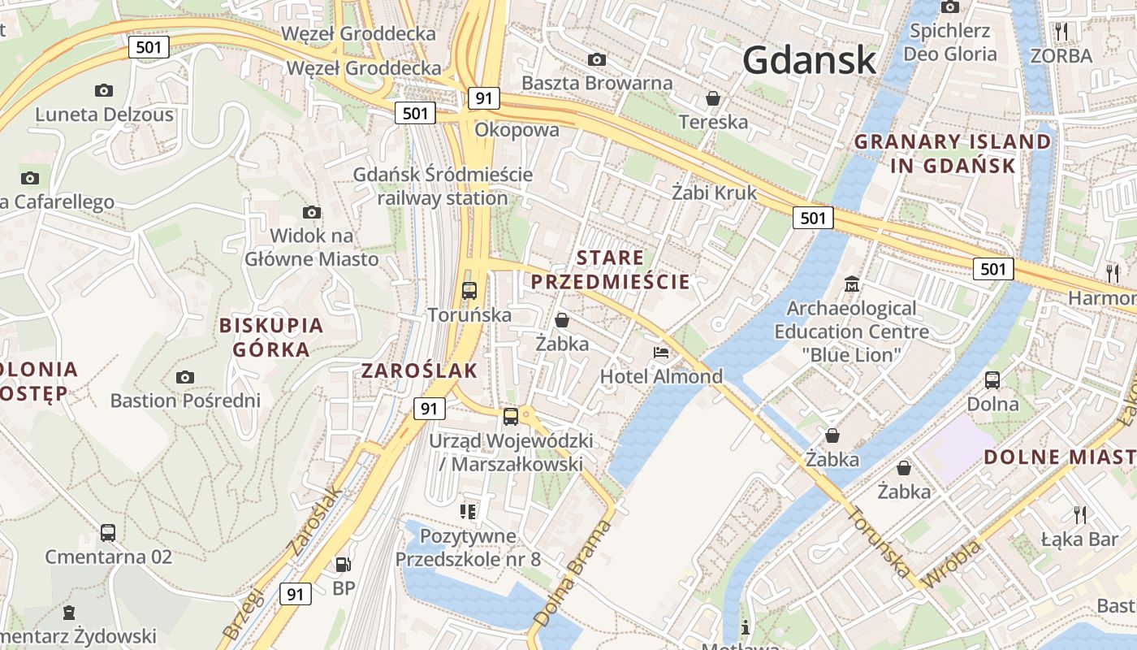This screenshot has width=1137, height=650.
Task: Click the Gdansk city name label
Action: point(809,59)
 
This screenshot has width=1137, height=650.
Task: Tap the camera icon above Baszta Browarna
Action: point(597,59)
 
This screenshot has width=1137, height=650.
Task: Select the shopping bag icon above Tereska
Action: point(713,98)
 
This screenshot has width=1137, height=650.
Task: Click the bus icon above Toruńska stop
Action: point(469,290)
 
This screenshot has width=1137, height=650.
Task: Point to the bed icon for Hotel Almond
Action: point(661,353)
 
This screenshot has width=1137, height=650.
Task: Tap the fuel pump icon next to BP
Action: point(344,564)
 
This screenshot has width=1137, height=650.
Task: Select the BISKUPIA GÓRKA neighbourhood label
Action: point(272,337)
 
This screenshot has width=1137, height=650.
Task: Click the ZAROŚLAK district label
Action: point(419,370)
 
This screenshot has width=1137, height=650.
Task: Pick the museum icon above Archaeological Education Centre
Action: point(851,284)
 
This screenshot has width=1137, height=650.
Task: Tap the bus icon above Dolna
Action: point(992,379)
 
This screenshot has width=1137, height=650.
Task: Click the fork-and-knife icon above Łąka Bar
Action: point(1079,513)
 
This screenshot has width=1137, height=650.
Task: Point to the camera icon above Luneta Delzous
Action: point(103,90)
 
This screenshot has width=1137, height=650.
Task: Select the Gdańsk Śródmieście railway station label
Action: point(443,186)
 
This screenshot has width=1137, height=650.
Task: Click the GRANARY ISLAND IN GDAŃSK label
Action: point(953,154)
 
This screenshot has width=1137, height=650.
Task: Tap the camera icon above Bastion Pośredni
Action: point(185,377)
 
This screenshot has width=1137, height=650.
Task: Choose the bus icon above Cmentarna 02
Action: point(108,533)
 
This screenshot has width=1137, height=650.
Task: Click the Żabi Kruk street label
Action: point(714,193)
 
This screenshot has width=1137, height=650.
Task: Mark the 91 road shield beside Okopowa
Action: point(483,98)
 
